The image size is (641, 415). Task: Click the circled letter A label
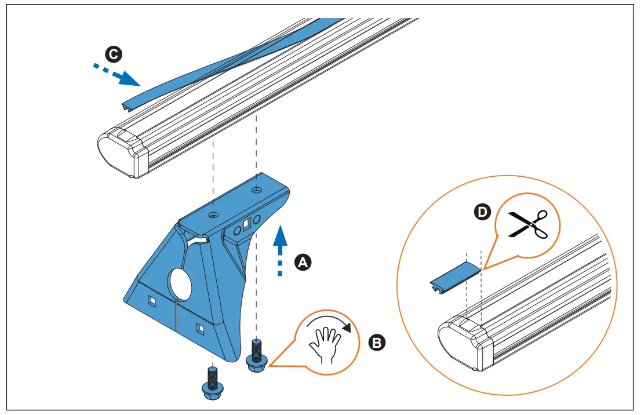click(x=301, y=262)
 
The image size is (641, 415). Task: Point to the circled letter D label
click(x=481, y=213)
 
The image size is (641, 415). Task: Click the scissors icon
click(x=527, y=224)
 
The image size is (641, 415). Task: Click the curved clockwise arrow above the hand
click(x=331, y=323)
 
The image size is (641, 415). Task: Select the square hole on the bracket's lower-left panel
click(x=152, y=301)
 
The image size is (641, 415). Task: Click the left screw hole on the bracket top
click(x=214, y=215)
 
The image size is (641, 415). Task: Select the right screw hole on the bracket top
click(x=256, y=189)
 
